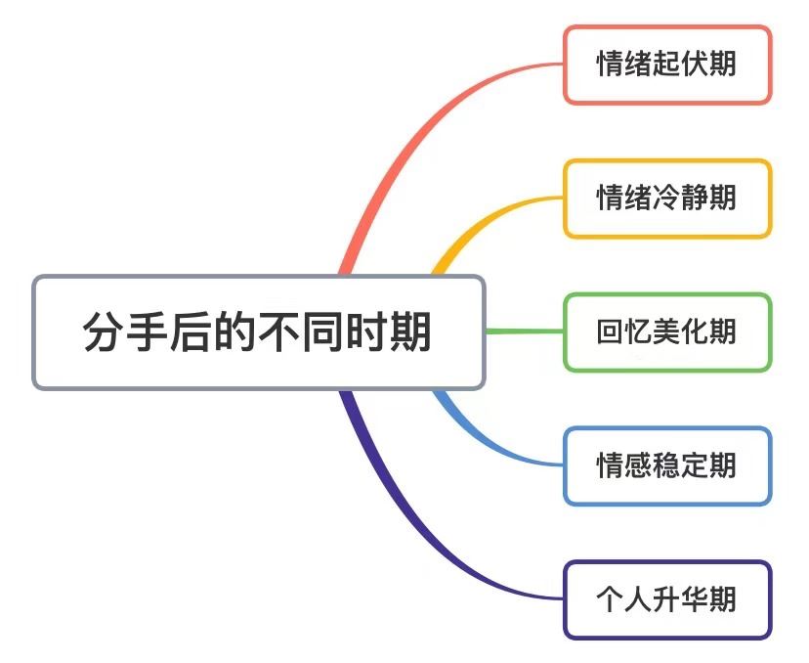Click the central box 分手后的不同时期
tap(259, 332)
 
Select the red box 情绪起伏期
tap(667, 65)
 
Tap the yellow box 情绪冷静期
tap(667, 199)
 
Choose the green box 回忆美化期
tap(667, 332)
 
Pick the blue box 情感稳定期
tap(667, 465)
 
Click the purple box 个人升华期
tap(667, 599)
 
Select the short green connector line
tap(525, 331)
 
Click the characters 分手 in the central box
tap(125, 331)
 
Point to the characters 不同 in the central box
tap(301, 331)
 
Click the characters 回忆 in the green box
tap(624, 331)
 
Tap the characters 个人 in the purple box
tap(624, 599)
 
